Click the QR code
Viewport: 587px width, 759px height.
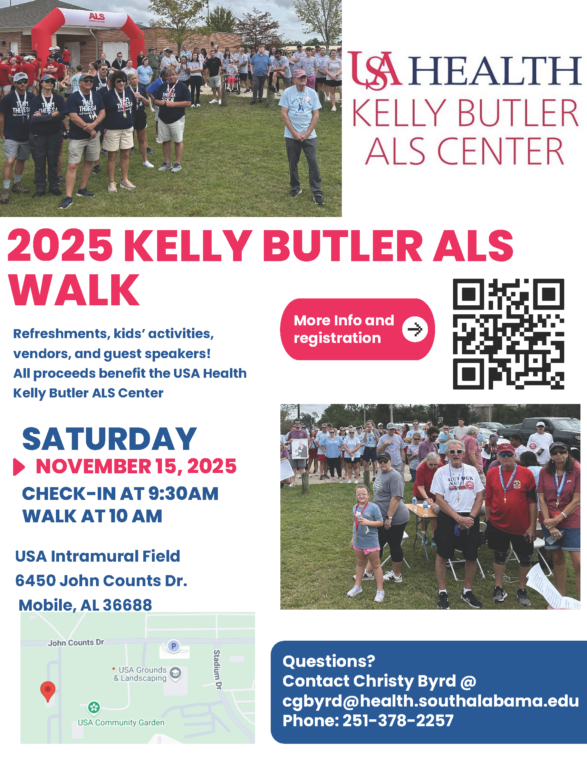[x=508, y=334]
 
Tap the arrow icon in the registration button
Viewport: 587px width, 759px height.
[x=414, y=329]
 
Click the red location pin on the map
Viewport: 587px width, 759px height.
[x=48, y=692]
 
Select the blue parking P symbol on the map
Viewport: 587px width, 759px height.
[x=174, y=646]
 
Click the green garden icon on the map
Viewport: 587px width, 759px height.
[x=94, y=707]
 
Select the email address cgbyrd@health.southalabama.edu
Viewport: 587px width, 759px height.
[x=431, y=701]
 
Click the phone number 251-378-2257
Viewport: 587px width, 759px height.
[x=398, y=720]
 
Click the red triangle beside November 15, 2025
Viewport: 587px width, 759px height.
[x=19, y=467]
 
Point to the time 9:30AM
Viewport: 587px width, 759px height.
[x=183, y=493]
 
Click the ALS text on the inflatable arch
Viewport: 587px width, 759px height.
[x=97, y=16]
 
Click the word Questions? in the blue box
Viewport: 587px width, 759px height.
[x=329, y=661]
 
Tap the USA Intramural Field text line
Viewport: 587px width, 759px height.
[x=98, y=556]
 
